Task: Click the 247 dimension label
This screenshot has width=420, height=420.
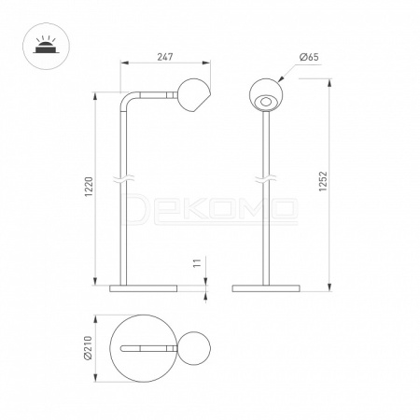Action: pyautogui.click(x=165, y=57)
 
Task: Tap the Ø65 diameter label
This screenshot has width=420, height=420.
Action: pyautogui.click(x=309, y=57)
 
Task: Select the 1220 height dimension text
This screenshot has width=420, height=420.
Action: pyautogui.click(x=89, y=187)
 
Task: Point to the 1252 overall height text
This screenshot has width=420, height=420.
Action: pyautogui.click(x=324, y=181)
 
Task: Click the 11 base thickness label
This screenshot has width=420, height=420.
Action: pyautogui.click(x=198, y=263)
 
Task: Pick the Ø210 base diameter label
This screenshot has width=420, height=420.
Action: pyautogui.click(x=88, y=348)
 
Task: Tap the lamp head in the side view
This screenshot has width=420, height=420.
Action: pyautogui.click(x=194, y=95)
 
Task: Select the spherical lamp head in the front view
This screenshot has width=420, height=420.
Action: pyautogui.click(x=266, y=94)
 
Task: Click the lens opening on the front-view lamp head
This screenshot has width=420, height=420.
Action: pyautogui.click(x=266, y=102)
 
